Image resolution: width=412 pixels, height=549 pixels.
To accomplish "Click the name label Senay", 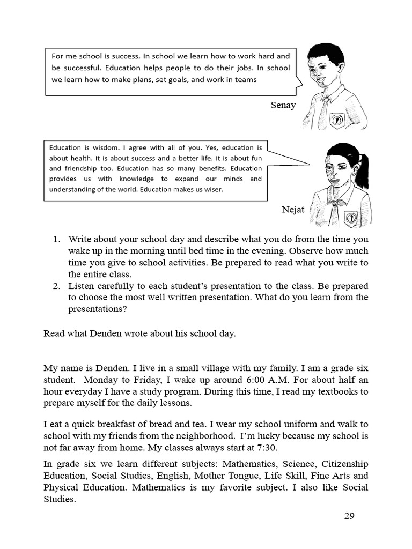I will [x=283, y=105].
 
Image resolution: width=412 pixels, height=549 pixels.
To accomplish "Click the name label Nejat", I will [x=293, y=209].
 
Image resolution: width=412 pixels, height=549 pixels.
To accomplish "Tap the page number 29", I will [x=349, y=516].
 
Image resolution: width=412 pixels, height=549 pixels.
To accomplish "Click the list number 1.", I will [x=57, y=239].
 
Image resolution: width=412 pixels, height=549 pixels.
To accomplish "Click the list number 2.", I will [x=57, y=286].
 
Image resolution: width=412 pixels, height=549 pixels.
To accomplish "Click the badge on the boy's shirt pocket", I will [x=336, y=119].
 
